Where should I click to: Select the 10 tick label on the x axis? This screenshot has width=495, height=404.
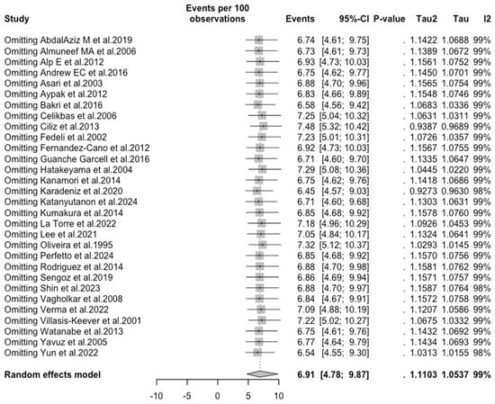point(279,395)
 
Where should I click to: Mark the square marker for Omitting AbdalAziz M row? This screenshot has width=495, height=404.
point(259,40)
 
